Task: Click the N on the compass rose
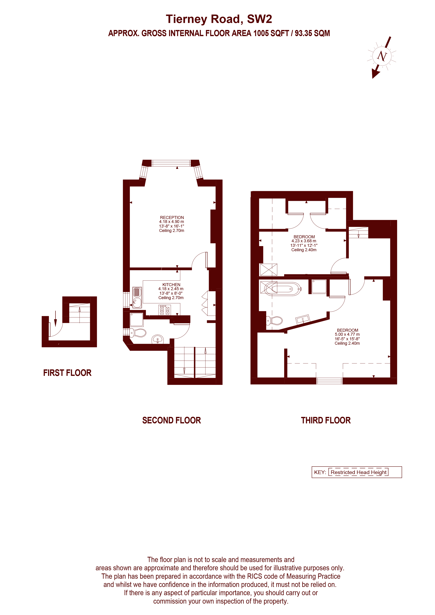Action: [382, 56]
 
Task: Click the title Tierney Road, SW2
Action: [219, 19]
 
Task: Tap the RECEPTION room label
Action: [172, 218]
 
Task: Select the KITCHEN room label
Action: [171, 285]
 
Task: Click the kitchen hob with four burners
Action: [165, 310]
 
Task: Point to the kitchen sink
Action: [137, 298]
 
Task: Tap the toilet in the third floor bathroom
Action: [274, 321]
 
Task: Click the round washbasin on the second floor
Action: [158, 339]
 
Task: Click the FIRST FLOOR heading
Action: [67, 373]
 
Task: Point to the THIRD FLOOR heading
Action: [326, 420]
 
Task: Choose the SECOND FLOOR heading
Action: [172, 420]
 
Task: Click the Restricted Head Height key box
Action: [358, 472]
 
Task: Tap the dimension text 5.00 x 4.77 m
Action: [347, 334]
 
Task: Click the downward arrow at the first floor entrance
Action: [55, 319]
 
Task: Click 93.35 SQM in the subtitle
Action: [313, 33]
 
